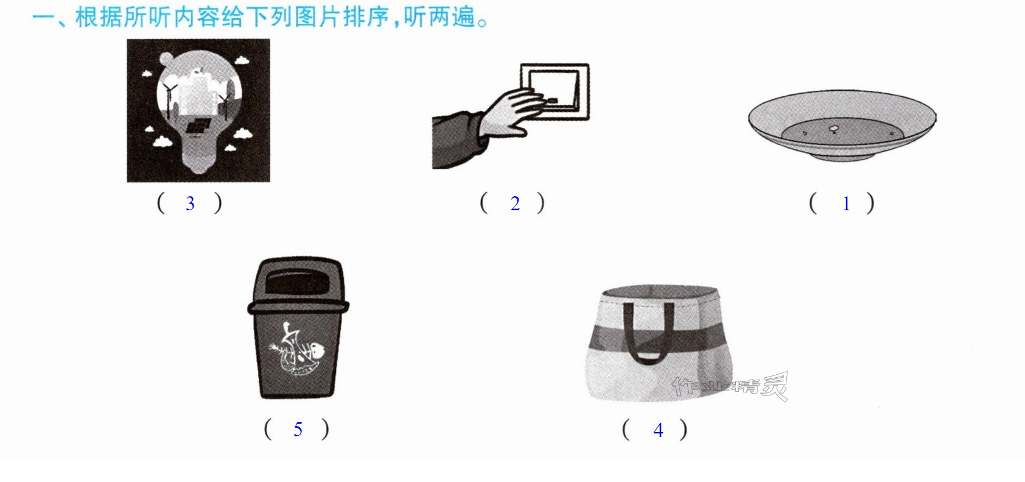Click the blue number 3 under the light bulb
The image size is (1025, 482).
(190, 204)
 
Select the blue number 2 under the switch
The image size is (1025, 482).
(516, 204)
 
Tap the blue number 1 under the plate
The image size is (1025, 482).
(847, 204)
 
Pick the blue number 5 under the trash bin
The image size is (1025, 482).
(298, 430)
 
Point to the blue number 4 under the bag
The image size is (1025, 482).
(659, 430)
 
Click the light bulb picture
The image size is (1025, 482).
(198, 110)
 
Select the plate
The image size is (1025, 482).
(842, 125)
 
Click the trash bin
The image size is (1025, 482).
(298, 328)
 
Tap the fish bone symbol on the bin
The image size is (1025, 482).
(298, 349)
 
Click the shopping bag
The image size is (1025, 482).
(660, 342)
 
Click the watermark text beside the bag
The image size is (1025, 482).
(730, 387)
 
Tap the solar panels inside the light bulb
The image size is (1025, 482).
(198, 126)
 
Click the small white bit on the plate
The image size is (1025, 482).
(833, 129)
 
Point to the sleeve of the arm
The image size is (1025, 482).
(458, 140)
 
